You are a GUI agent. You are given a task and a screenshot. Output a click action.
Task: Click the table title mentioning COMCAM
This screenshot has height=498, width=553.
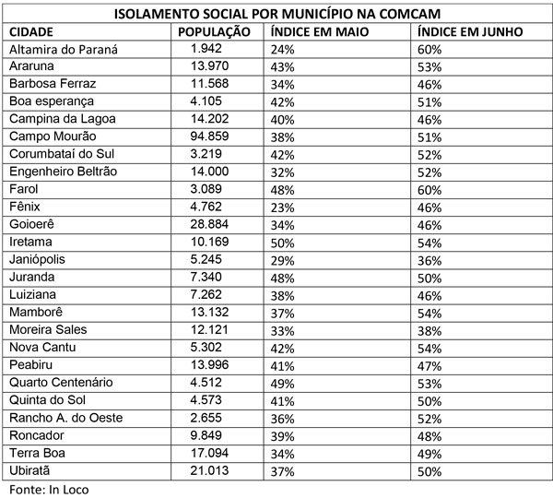276,14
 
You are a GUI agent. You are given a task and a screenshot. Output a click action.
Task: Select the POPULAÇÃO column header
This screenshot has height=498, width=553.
214,30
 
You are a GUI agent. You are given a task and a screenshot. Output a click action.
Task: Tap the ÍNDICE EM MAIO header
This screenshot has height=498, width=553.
318,30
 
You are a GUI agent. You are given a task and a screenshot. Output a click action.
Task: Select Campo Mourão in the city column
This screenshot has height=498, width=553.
51,135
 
